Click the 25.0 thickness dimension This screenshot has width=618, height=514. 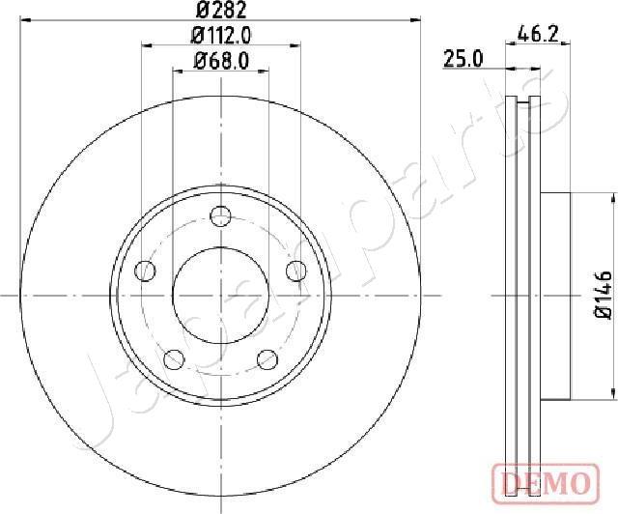[x=463, y=60]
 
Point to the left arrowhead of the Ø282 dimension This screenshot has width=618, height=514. [x=25, y=18]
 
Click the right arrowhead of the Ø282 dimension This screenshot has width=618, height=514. [x=417, y=18]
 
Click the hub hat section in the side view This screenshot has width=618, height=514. [x=555, y=295]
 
